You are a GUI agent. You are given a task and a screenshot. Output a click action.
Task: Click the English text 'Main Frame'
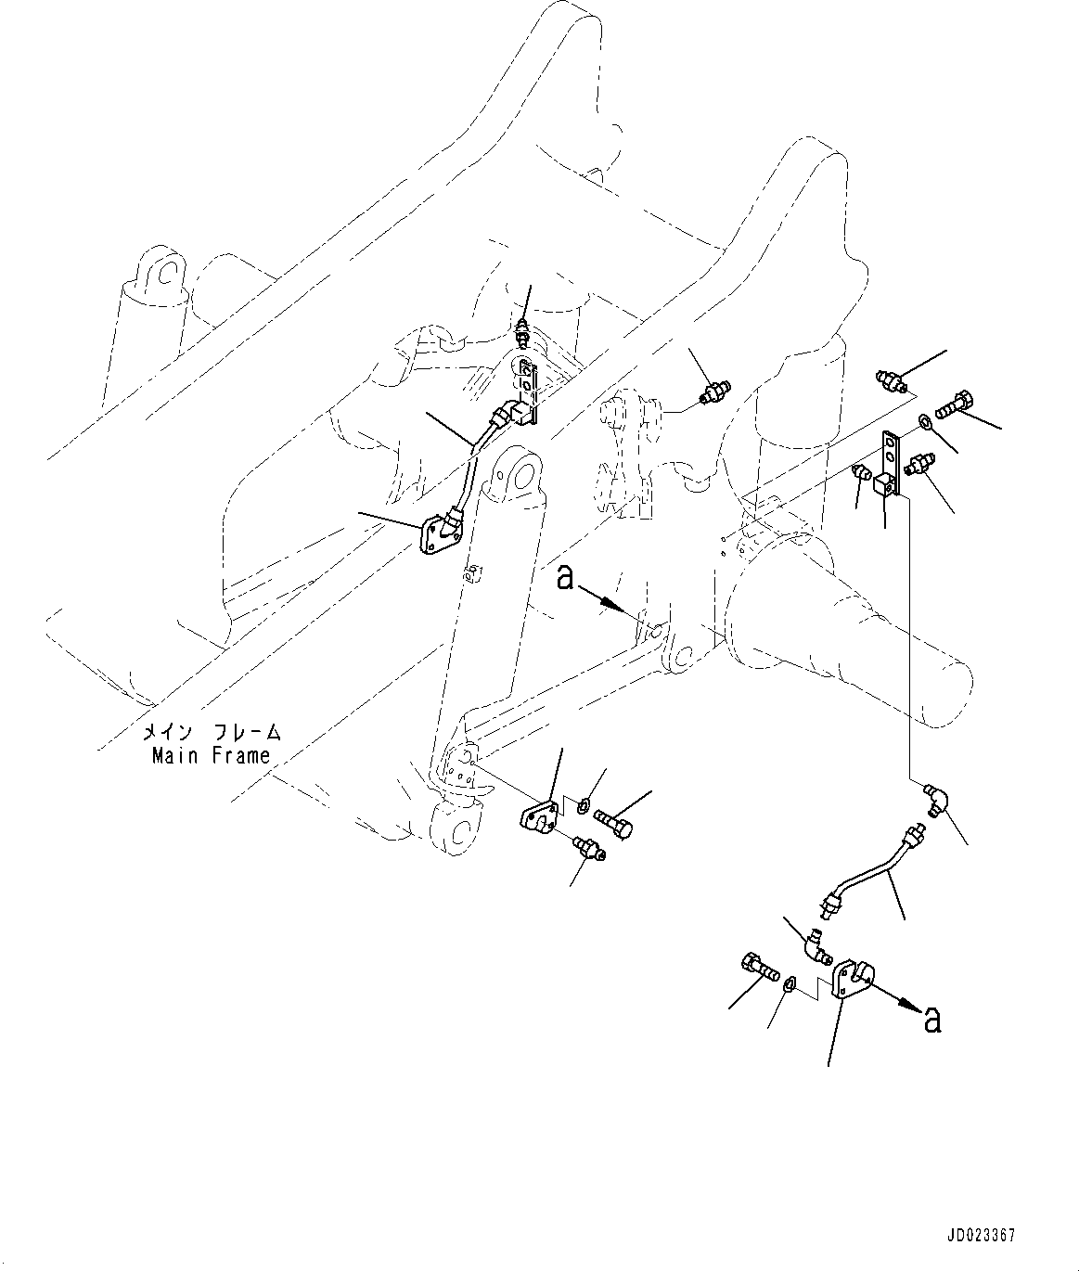pyautogui.click(x=212, y=755)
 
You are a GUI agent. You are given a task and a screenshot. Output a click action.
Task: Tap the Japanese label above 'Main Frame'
pyautogui.click(x=212, y=732)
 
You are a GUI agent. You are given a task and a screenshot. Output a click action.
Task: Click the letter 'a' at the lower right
pyautogui.click(x=932, y=1020)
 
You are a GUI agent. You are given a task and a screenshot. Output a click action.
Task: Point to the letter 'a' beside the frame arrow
pyautogui.click(x=565, y=579)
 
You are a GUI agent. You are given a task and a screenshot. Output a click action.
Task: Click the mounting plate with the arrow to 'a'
pyautogui.click(x=854, y=981)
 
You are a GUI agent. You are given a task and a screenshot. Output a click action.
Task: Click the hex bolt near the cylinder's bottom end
pyautogui.click(x=612, y=821)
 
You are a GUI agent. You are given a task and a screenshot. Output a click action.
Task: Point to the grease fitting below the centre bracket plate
pyautogui.click(x=588, y=846)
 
